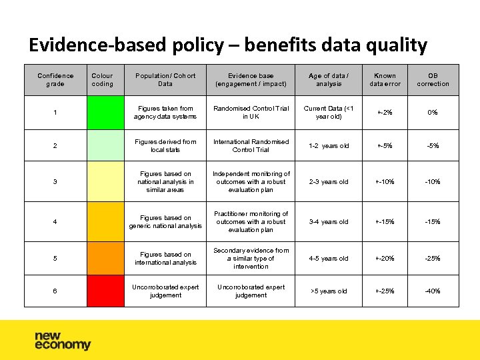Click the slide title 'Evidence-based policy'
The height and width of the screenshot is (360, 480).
click(x=227, y=45)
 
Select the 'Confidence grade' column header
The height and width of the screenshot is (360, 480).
click(x=55, y=80)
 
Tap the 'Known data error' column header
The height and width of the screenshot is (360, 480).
click(x=385, y=80)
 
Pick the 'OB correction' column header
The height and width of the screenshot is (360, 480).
click(x=433, y=80)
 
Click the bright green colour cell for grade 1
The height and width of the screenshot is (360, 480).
click(x=105, y=113)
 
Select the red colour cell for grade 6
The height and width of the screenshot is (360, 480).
click(x=105, y=291)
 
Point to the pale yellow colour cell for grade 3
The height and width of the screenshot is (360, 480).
click(x=105, y=182)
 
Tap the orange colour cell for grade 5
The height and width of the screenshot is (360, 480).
click(x=105, y=259)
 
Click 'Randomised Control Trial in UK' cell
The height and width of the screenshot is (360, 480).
click(x=251, y=113)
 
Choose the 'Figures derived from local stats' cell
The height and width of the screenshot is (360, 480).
click(x=165, y=145)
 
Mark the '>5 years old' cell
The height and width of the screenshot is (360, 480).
click(x=329, y=291)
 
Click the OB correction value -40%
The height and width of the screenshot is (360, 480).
click(x=433, y=291)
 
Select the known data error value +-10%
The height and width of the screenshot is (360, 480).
click(x=385, y=182)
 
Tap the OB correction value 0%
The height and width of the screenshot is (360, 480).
click(x=433, y=113)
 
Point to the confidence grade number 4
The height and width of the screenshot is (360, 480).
click(x=55, y=222)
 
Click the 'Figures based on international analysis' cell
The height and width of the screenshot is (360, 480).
click(x=165, y=259)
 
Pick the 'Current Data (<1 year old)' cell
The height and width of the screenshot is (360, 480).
click(x=329, y=113)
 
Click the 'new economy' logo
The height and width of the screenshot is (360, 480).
click(x=63, y=341)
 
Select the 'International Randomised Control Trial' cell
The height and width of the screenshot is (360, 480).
click(x=251, y=145)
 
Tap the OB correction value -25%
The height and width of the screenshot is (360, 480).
click(x=433, y=259)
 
